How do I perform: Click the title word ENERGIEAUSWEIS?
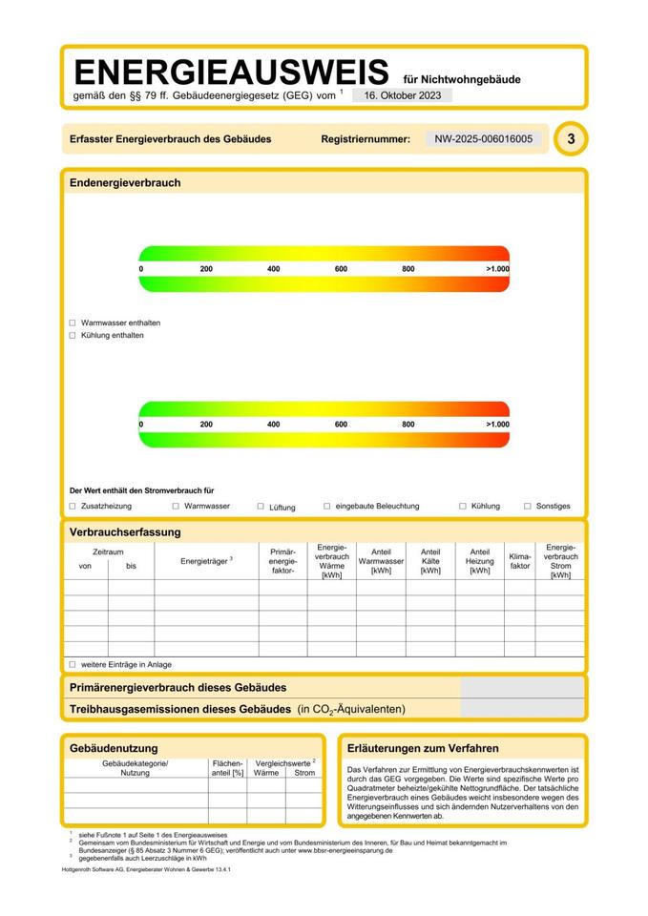click(x=231, y=73)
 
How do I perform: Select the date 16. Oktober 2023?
click(x=402, y=95)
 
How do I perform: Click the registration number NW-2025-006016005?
click(x=484, y=139)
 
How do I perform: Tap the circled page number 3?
click(x=571, y=139)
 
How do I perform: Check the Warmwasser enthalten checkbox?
click(x=73, y=323)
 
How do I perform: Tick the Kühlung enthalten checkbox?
click(x=73, y=336)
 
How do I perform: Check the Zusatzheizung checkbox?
click(x=73, y=507)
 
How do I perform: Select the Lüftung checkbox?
click(x=261, y=507)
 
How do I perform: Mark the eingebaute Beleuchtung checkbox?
click(x=327, y=507)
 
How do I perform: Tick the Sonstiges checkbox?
click(x=527, y=507)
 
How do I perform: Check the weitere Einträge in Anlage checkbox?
click(x=73, y=664)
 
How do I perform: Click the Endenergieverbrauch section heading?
click(x=125, y=183)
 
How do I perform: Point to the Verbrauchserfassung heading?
click(x=125, y=532)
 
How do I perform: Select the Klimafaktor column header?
click(x=519, y=560)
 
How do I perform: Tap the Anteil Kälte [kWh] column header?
click(x=430, y=561)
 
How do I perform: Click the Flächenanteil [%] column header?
click(x=227, y=768)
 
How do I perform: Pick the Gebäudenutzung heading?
click(x=114, y=749)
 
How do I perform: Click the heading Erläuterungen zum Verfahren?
click(x=424, y=749)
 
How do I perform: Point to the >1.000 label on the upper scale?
click(x=497, y=269)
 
